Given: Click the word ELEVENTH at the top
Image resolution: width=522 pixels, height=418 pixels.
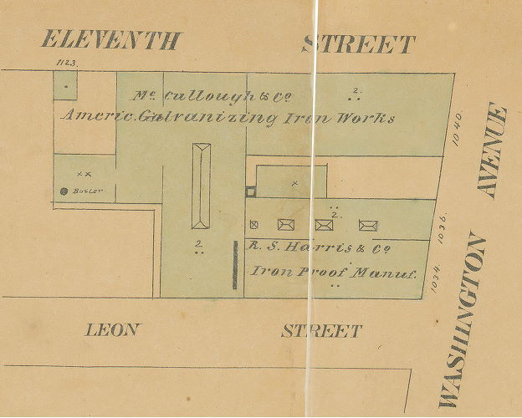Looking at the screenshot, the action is tap(110, 39).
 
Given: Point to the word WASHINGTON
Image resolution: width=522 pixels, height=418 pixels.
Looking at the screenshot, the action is tap(461, 323).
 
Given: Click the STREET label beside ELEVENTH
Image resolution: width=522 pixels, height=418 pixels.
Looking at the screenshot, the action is tap(359, 43).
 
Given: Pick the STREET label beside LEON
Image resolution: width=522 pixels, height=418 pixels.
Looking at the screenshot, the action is tap(321, 331).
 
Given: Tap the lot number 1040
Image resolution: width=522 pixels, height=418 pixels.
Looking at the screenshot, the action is tap(457, 131).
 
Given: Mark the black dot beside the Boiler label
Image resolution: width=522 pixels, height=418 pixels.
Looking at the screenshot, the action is tap(64, 191).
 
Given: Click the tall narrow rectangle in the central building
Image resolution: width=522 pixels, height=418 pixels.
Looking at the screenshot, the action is tap(201, 186).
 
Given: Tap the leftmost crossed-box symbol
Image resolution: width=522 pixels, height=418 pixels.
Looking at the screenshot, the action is tap(285, 223).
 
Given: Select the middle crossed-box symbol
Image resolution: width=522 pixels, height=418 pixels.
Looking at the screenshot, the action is tap(324, 224).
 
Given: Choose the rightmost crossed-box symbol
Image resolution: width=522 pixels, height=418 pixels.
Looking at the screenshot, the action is tap(368, 224).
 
